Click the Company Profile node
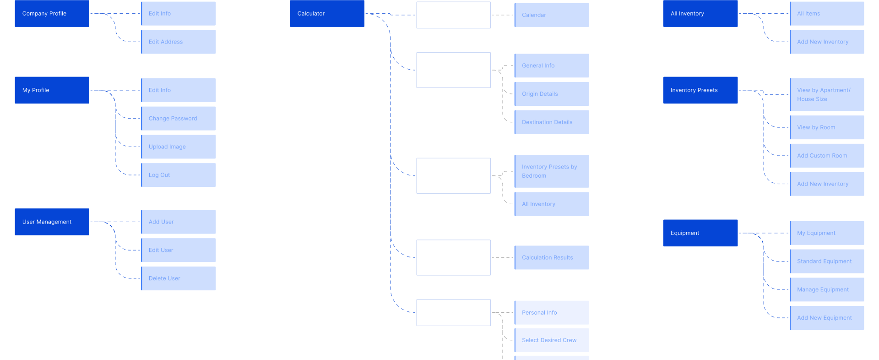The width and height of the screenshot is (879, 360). [52, 13]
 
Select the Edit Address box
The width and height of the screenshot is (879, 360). [179, 42]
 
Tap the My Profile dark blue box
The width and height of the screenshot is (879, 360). [52, 90]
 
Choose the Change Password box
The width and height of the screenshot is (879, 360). [179, 118]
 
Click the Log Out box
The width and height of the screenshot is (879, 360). [179, 175]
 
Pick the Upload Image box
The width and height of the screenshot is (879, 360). [179, 147]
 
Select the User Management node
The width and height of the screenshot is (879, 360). [52, 222]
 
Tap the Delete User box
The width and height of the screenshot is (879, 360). [179, 278]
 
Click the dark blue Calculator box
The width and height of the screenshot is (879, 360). [327, 13]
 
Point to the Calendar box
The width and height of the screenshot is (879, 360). [552, 15]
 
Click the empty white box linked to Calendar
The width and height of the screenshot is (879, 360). [453, 15]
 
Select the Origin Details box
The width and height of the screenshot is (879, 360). [552, 94]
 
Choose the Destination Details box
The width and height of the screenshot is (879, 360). [552, 122]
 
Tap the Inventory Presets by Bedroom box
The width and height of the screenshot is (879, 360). [552, 171]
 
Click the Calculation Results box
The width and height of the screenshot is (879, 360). [552, 257]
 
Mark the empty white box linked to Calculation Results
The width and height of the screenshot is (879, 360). [453, 257]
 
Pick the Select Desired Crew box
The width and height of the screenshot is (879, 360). [552, 340]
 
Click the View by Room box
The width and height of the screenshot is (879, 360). [827, 127]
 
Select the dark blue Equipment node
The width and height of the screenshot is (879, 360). [700, 233]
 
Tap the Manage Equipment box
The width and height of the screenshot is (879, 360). [827, 289]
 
